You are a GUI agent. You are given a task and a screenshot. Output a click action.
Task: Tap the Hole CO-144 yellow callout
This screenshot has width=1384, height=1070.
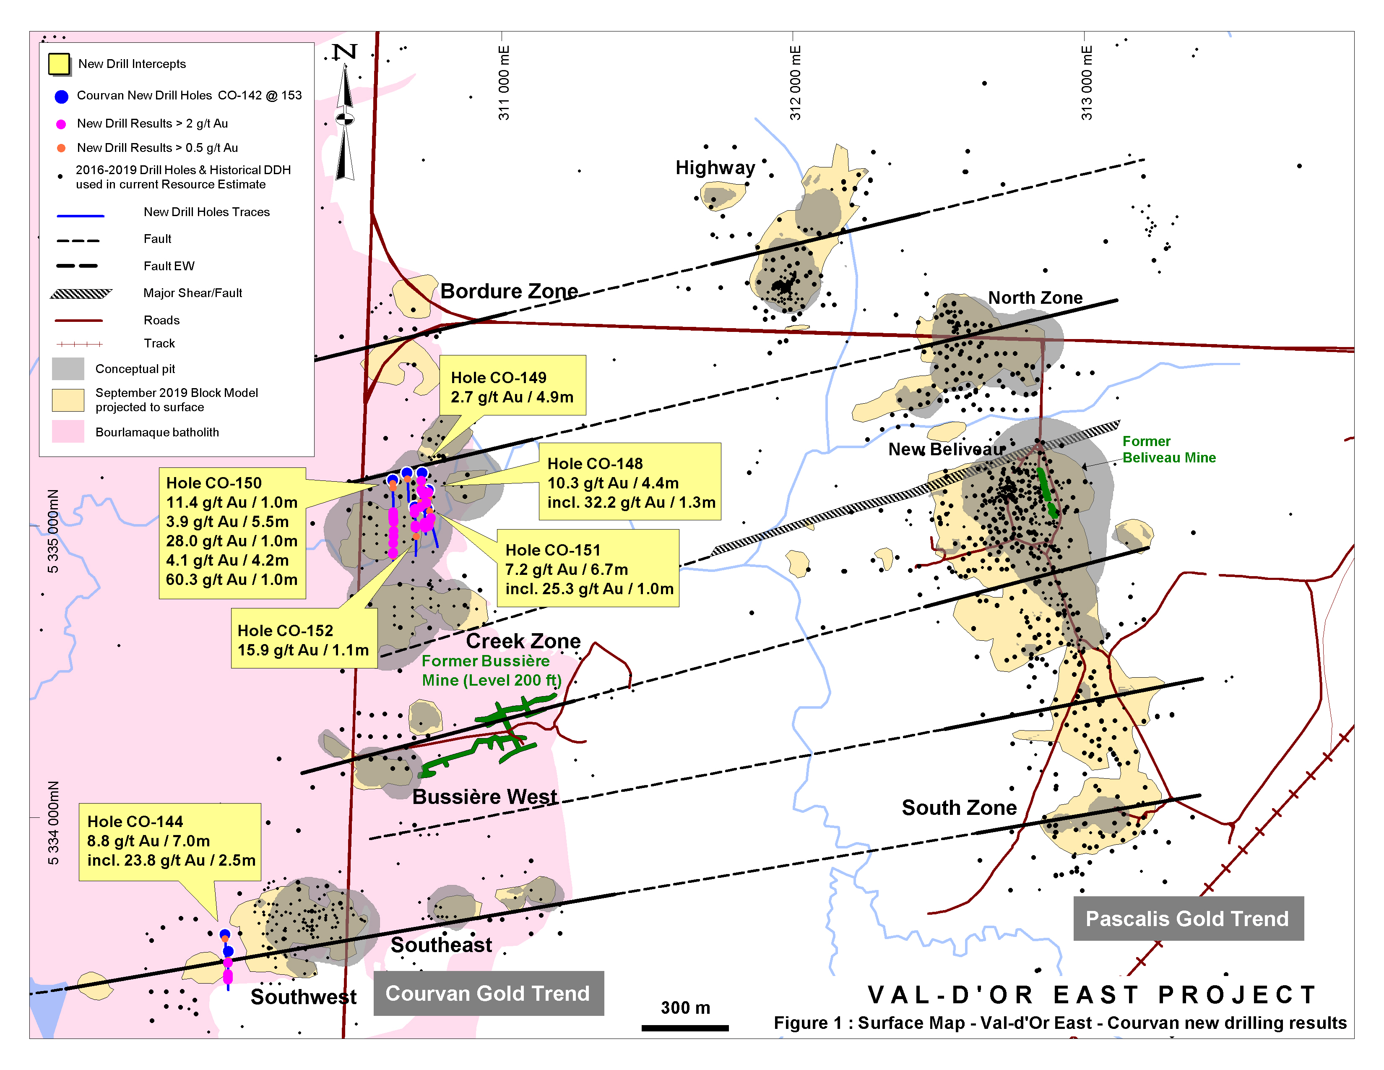[x=170, y=841]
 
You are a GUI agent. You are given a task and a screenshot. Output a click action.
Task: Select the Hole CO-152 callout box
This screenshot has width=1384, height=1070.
[x=304, y=639]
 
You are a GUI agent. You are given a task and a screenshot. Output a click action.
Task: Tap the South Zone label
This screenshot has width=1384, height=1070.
[x=959, y=808]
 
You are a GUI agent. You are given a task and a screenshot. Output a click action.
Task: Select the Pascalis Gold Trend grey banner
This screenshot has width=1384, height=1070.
[x=1188, y=919]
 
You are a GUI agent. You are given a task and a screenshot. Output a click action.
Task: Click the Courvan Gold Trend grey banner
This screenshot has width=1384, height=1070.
[x=488, y=993]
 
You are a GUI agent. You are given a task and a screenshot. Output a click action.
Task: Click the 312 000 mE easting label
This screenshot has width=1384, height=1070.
[x=795, y=82]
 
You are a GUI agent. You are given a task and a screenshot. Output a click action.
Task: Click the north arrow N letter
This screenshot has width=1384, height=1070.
[x=345, y=51]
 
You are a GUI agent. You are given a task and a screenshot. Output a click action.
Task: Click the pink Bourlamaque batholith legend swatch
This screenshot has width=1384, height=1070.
[x=68, y=432]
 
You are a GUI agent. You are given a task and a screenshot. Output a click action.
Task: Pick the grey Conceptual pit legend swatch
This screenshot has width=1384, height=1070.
[x=68, y=368]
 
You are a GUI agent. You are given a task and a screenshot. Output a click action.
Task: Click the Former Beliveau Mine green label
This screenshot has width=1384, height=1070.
[x=1168, y=449]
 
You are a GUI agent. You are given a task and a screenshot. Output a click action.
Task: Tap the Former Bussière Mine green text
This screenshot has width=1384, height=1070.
[x=491, y=670]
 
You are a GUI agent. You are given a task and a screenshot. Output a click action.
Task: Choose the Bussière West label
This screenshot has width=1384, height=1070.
[x=485, y=797]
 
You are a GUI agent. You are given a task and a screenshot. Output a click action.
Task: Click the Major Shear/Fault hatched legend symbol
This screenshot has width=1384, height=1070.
[x=81, y=293]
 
